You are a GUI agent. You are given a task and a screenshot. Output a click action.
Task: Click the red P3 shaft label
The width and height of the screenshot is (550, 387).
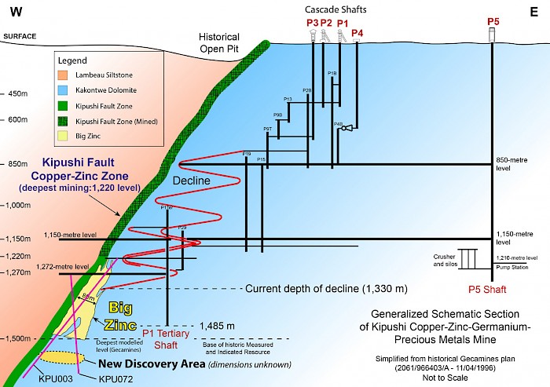point(312,23)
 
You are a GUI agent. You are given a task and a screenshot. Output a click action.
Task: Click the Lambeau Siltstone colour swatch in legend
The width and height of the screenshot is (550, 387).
point(64,74)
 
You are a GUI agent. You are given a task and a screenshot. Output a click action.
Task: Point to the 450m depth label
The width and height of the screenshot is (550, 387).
point(17,93)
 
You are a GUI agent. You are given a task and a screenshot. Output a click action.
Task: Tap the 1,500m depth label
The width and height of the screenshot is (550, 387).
point(16,338)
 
